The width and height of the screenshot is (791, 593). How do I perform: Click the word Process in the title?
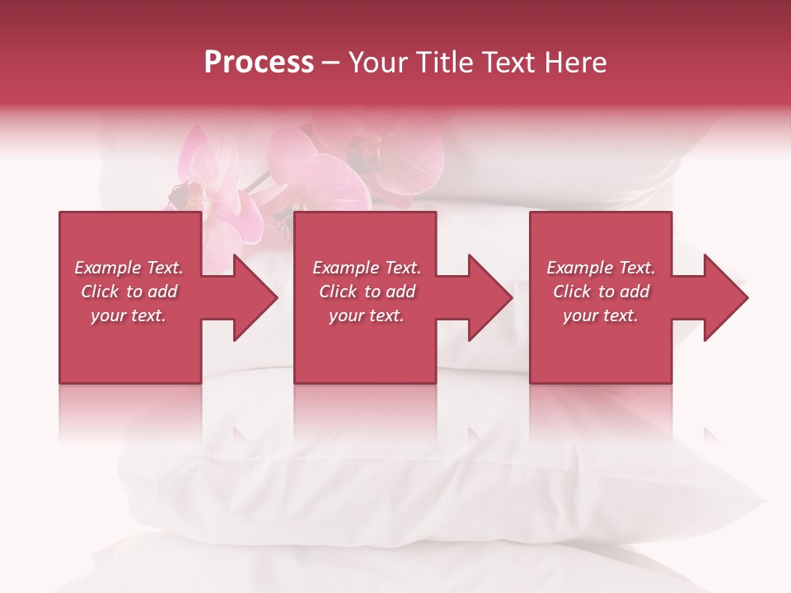[259, 63]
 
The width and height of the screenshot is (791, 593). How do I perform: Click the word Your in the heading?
[380, 63]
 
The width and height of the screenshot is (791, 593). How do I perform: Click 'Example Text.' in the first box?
[129, 268]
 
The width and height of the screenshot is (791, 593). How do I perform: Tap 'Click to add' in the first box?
[129, 292]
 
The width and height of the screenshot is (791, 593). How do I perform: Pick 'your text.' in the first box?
[129, 315]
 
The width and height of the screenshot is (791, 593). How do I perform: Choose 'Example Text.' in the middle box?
[367, 268]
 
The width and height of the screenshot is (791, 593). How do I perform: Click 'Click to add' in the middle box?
[367, 292]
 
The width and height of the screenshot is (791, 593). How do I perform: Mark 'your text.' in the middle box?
[367, 315]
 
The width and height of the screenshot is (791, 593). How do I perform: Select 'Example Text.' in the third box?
[601, 268]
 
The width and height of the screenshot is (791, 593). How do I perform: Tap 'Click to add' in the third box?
[601, 292]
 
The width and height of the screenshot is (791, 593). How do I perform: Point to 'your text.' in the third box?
[601, 315]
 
